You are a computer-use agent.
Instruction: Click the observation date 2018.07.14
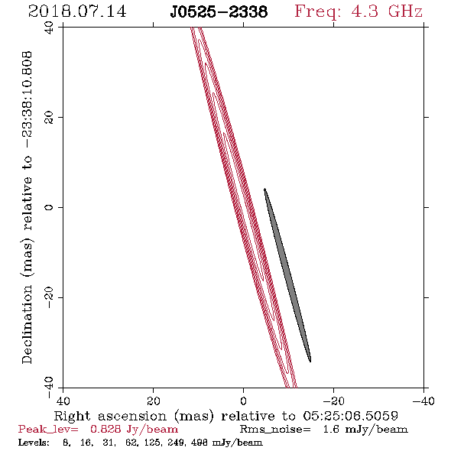coord(77,11)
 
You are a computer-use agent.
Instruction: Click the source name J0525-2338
coord(219,11)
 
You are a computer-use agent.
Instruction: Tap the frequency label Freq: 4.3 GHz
coord(359,12)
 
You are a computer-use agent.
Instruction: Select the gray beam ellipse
coord(287,275)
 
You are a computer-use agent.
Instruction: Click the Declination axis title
coord(27,207)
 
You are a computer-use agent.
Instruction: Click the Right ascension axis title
coord(226,416)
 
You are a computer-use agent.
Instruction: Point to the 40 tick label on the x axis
coord(63,401)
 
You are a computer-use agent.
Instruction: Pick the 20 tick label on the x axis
coord(154,401)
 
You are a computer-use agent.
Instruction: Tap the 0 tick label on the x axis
coord(243,401)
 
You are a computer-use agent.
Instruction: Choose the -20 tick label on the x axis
coord(333,401)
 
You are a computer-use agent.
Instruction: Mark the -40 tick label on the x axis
coord(423,401)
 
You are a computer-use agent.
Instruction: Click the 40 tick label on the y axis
coord(49,28)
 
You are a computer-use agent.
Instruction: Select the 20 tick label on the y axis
coord(49,118)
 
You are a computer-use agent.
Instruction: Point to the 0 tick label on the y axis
coord(49,207)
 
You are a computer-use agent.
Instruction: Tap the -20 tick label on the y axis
coord(49,297)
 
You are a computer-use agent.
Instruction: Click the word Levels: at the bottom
coord(34,443)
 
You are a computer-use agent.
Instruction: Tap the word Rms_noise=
coord(275,430)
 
